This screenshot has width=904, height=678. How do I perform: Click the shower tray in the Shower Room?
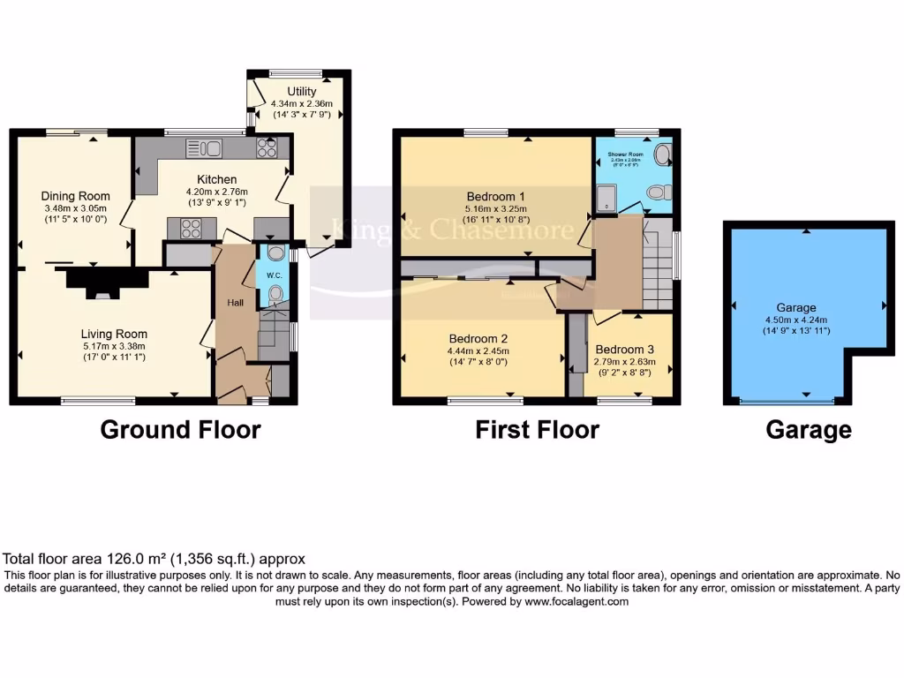pyautogui.click(x=607, y=200)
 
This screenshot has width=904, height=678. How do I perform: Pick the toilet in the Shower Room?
pyautogui.click(x=656, y=192)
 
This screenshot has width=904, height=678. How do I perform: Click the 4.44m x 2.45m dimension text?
pyautogui.click(x=479, y=350)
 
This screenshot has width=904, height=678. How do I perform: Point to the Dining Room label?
pyautogui.click(x=75, y=196)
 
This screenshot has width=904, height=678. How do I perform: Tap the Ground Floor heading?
pyautogui.click(x=180, y=430)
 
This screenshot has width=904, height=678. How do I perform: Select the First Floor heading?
pyautogui.click(x=537, y=430)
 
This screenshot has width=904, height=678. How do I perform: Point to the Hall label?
pyautogui.click(x=236, y=303)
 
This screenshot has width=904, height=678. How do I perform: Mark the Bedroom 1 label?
pyautogui.click(x=496, y=196)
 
